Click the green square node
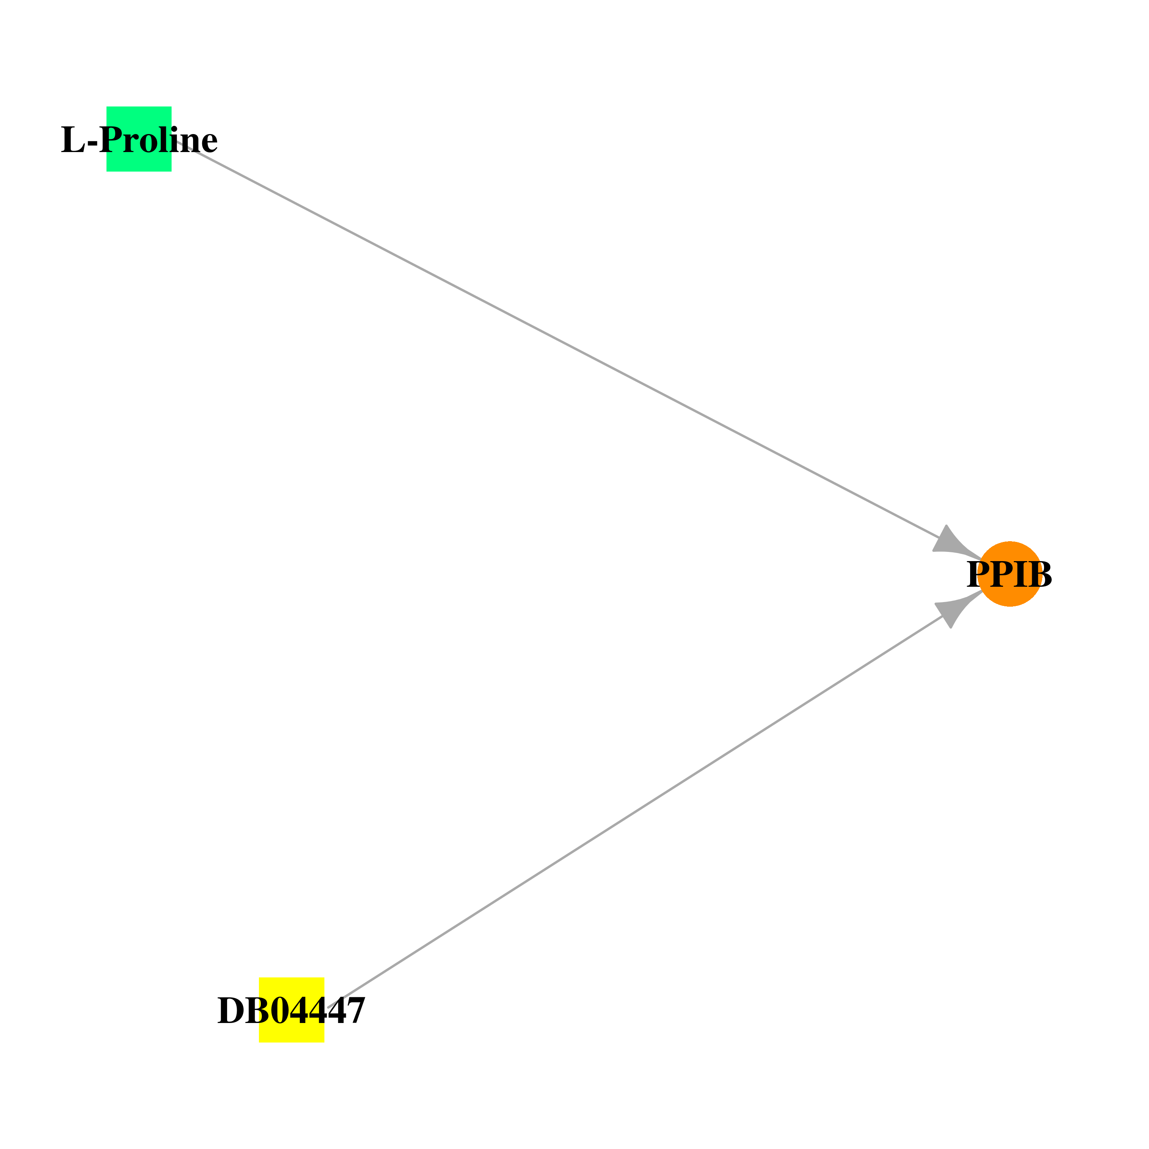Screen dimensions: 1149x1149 point(139,139)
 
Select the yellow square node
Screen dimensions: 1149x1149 point(291,1010)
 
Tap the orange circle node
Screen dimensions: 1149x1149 point(1010,574)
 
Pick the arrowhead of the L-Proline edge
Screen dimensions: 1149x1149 point(954,542)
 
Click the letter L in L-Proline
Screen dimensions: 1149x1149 point(73,140)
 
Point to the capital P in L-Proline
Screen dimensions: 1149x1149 point(111,140)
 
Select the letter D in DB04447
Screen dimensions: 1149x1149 point(232,1010)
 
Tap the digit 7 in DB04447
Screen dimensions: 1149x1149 point(355,1010)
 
